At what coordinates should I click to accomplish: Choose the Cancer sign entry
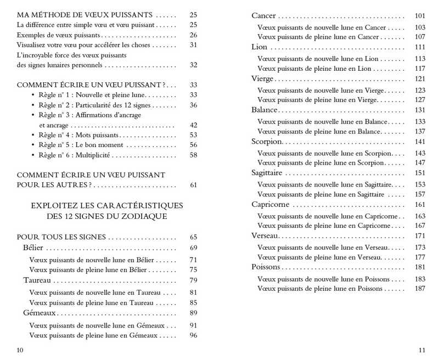coord(263,15)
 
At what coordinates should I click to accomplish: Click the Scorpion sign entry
coord(266,142)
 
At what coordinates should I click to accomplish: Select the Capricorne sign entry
coord(270,205)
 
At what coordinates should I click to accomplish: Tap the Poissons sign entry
coord(266,267)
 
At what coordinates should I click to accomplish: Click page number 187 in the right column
coord(420,289)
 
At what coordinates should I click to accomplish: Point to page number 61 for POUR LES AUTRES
coord(193,185)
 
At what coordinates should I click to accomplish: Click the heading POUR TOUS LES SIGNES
coord(61,237)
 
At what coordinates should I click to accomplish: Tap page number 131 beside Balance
coord(420,110)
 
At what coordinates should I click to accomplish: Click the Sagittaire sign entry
coord(268,173)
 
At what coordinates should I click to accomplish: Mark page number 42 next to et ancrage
coord(193,125)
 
